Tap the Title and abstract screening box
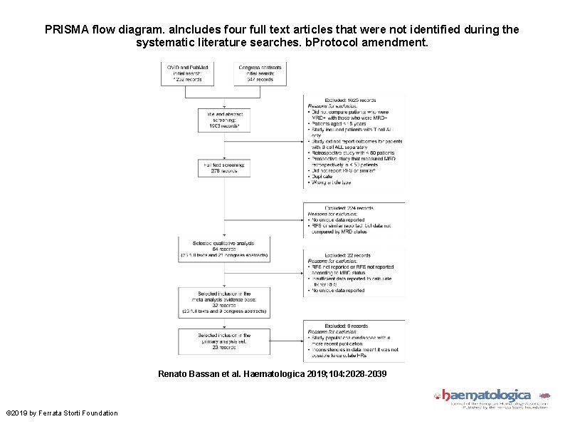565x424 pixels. click(224, 120)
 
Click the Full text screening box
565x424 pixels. click(224, 167)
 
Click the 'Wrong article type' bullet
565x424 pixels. click(332, 182)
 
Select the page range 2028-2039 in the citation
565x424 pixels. click(365, 373)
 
